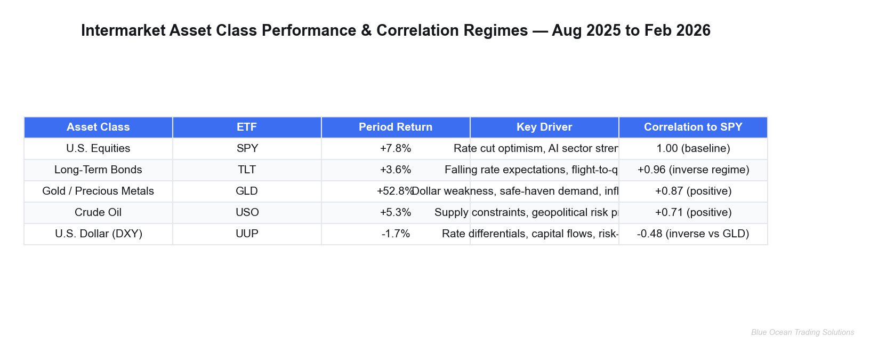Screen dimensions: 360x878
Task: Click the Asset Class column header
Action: [98, 127]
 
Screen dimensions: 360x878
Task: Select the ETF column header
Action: [247, 127]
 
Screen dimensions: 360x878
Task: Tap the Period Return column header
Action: [396, 127]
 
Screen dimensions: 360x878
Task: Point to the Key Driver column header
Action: [544, 127]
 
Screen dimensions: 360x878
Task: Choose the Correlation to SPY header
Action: [693, 127]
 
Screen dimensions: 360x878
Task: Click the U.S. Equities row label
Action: [98, 149]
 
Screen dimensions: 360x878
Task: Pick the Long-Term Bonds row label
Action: [98, 170]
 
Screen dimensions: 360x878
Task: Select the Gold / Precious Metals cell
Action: [98, 191]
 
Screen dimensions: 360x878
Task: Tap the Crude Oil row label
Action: [98, 213]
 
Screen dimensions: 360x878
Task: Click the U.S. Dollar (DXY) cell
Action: [98, 234]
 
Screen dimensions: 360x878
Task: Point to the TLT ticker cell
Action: [247, 170]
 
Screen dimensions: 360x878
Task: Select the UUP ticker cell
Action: [247, 234]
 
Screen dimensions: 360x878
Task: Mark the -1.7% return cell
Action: [396, 234]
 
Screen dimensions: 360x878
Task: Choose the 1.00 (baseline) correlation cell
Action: [693, 149]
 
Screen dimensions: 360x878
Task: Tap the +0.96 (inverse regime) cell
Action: [693, 170]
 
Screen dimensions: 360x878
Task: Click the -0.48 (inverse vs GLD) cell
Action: [693, 234]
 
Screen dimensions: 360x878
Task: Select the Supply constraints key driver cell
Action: [544, 213]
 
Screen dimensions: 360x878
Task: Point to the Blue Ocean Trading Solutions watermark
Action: [802, 333]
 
